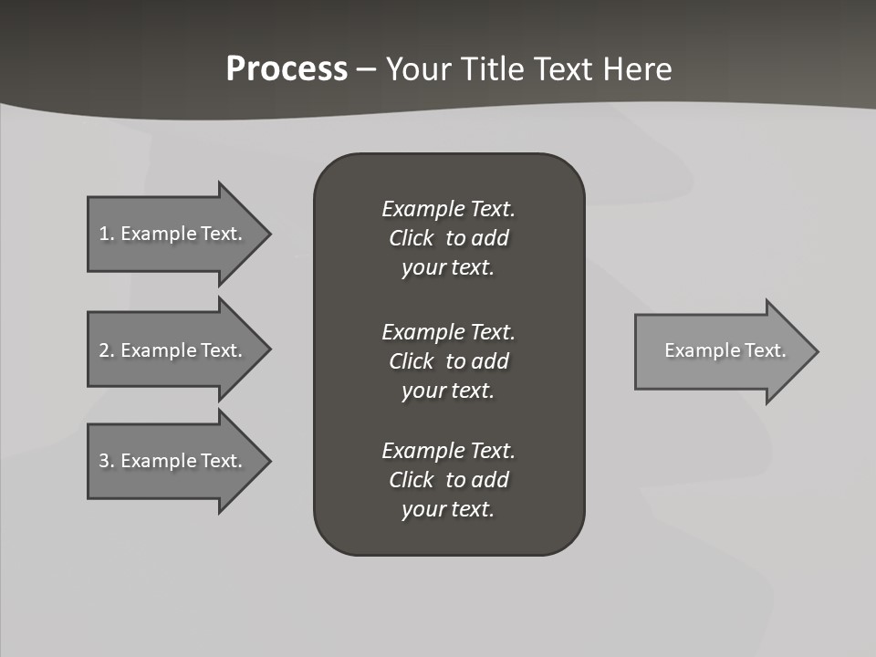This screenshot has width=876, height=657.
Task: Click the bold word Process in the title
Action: click(287, 69)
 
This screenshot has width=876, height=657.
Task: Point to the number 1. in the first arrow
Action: click(107, 234)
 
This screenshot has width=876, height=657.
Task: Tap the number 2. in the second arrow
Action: click(107, 350)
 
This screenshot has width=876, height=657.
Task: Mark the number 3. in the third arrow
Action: click(107, 461)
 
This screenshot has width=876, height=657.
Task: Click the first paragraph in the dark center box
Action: click(448, 238)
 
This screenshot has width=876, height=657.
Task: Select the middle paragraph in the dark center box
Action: click(448, 360)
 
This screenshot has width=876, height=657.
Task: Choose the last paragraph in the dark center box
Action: click(448, 480)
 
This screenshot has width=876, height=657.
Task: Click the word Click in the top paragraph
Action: click(412, 238)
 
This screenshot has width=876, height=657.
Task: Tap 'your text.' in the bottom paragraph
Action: click(448, 509)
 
